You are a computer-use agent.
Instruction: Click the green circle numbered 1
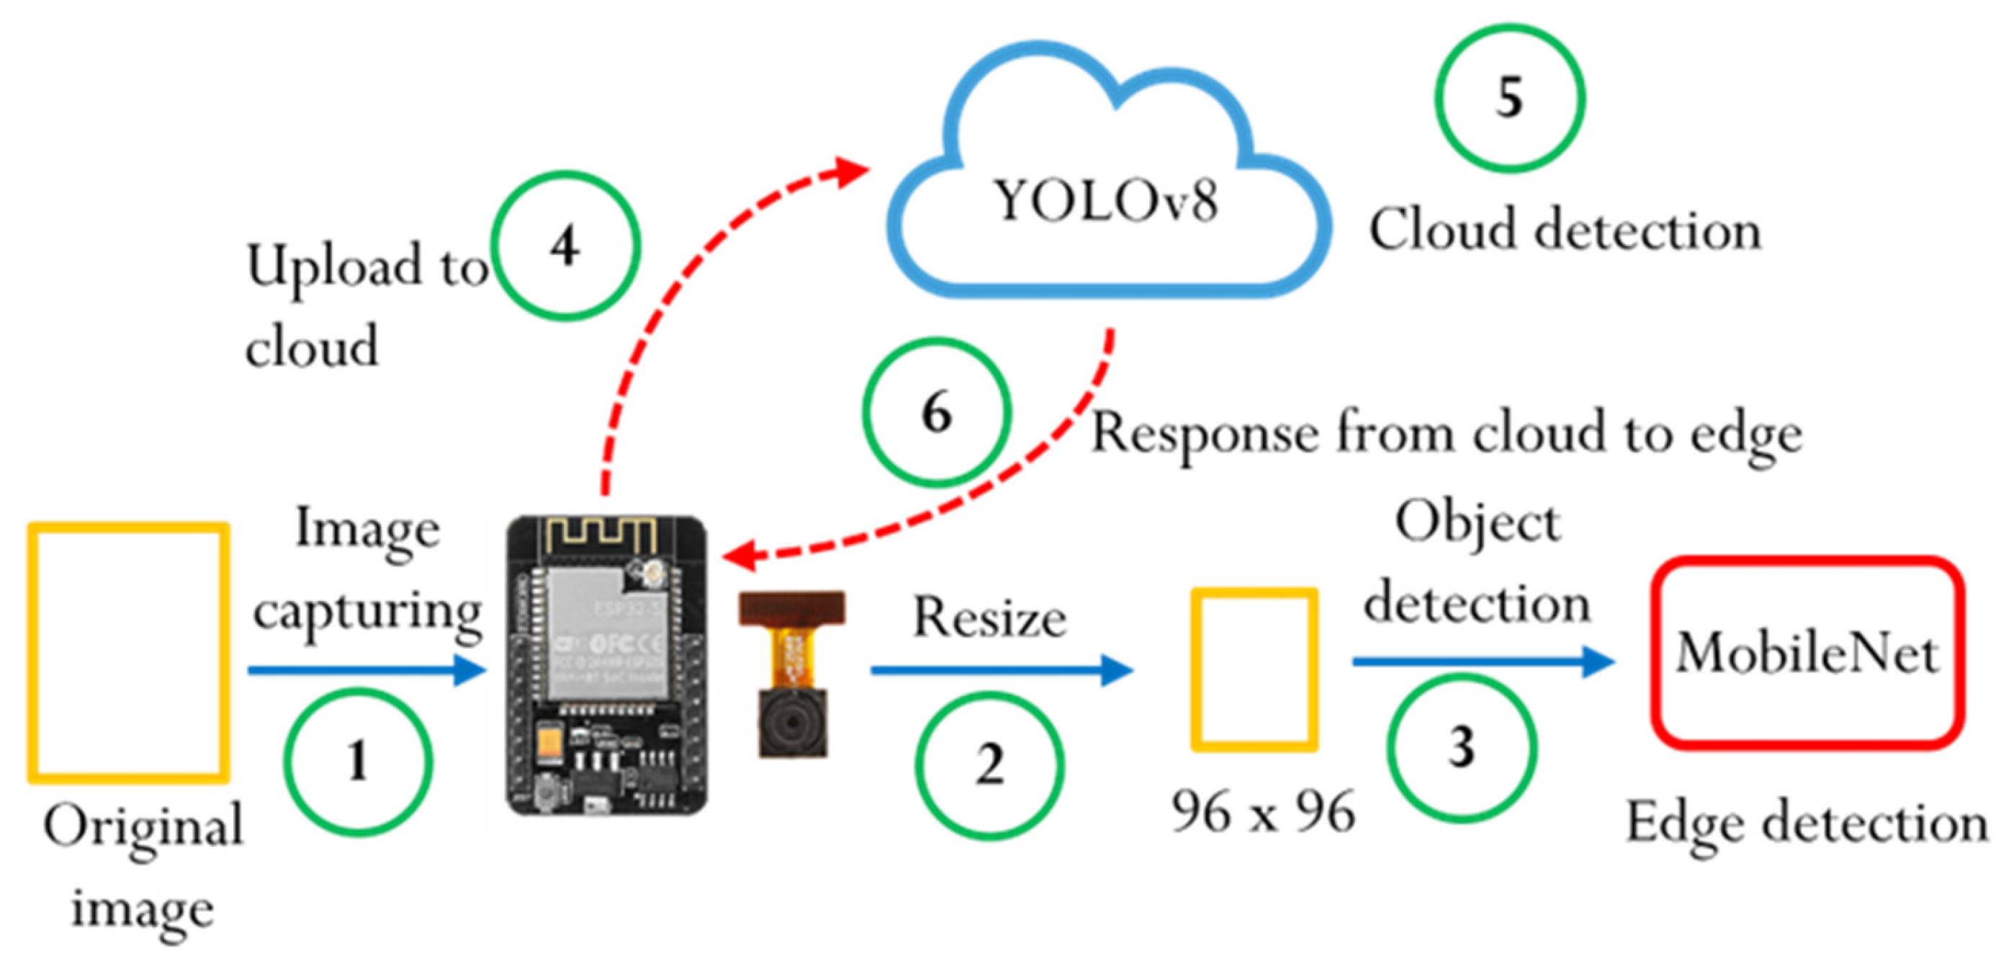click(x=357, y=761)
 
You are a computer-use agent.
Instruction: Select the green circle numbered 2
click(x=989, y=765)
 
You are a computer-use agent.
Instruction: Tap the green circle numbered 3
click(x=1462, y=747)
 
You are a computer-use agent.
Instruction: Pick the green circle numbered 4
click(x=565, y=246)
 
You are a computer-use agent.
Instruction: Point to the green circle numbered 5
click(x=1509, y=98)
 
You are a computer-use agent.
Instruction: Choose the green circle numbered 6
click(x=937, y=412)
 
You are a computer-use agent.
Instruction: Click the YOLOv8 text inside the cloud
click(x=1106, y=201)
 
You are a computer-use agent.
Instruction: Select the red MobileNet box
click(x=1807, y=652)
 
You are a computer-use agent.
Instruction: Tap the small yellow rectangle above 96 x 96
click(x=1254, y=669)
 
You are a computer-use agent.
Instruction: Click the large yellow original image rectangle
click(x=128, y=652)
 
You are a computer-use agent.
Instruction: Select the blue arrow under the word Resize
click(x=1001, y=670)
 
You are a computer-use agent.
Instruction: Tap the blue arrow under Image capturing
click(x=366, y=670)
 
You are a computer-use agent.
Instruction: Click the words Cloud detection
click(x=1565, y=231)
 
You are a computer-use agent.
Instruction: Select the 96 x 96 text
click(x=1263, y=812)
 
